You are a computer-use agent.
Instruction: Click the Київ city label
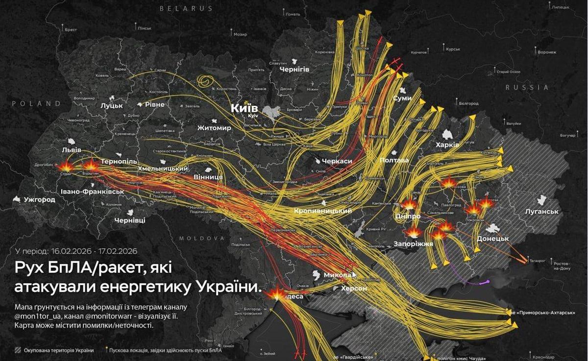245,107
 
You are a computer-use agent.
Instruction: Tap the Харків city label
447,145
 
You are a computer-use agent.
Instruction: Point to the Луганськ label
541,211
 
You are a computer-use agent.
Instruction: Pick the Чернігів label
294,70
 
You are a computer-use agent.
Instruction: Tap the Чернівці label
129,220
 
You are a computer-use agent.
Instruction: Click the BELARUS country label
186,8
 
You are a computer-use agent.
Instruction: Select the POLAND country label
36,103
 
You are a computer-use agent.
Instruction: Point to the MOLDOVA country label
201,238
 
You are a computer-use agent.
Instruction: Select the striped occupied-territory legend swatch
18,350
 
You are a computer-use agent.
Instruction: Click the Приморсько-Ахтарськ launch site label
545,312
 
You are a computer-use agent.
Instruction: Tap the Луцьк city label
111,105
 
